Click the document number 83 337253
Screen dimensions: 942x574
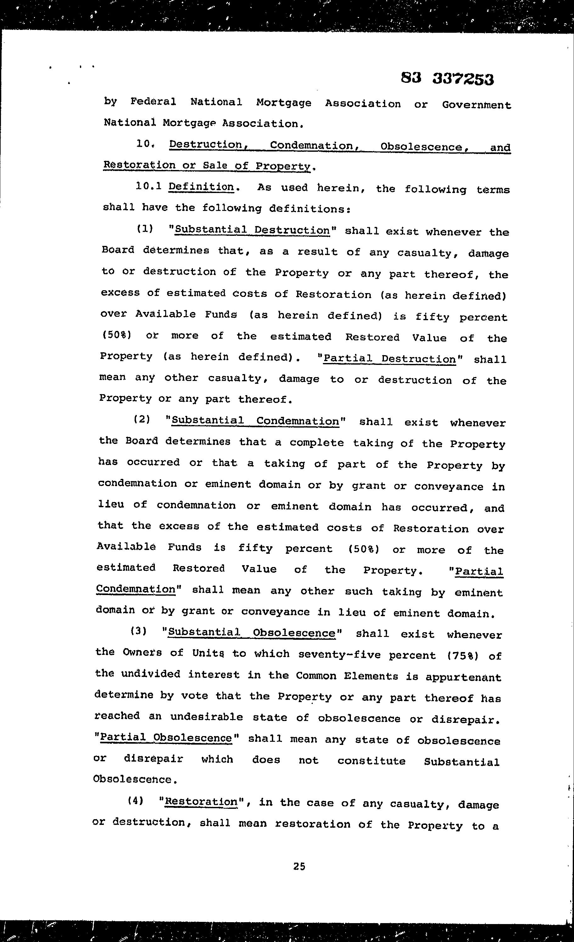[x=447, y=79]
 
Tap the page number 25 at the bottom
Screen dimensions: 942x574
[x=299, y=866]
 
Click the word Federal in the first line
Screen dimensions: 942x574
[x=153, y=102]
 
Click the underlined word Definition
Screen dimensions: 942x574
[x=201, y=187]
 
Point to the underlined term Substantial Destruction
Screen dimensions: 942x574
[x=252, y=230]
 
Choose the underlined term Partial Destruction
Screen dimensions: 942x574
[x=389, y=359]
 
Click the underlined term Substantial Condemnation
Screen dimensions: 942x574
[x=255, y=421]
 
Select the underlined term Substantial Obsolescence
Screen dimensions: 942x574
[x=251, y=632]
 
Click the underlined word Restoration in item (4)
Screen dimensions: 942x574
[x=201, y=801]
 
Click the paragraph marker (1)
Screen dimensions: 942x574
[x=145, y=229]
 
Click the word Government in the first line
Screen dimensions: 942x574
[x=476, y=105]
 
